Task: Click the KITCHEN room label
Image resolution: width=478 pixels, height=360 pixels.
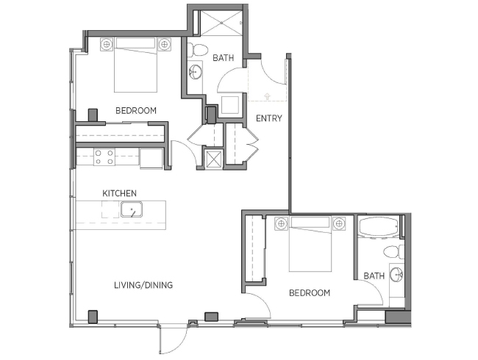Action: click(x=119, y=193)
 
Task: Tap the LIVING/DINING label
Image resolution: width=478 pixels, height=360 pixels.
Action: click(x=143, y=285)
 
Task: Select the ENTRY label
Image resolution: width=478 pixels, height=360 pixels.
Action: click(x=269, y=118)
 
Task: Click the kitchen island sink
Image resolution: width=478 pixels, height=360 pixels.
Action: click(x=132, y=209)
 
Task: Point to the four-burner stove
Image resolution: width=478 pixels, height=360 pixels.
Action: click(x=104, y=156)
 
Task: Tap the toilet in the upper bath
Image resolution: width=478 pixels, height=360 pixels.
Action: click(x=197, y=50)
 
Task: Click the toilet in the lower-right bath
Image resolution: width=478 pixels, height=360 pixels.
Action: click(x=394, y=252)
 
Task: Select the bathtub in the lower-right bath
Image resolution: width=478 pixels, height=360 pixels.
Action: click(x=379, y=227)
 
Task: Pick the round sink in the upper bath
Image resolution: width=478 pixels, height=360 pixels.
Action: click(x=195, y=72)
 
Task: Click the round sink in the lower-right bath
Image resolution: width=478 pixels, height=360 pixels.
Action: click(x=396, y=275)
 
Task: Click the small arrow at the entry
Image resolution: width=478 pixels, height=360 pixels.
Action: click(x=267, y=96)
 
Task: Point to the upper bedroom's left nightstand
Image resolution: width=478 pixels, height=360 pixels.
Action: click(x=107, y=44)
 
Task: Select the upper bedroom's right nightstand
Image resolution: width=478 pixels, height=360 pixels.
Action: click(x=164, y=44)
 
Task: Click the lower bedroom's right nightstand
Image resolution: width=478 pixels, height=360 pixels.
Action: click(x=339, y=224)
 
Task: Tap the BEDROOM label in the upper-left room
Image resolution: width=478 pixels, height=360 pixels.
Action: click(x=136, y=110)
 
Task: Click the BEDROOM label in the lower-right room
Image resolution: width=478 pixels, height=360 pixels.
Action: click(x=310, y=292)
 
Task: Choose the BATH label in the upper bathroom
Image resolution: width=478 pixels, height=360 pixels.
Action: click(x=224, y=57)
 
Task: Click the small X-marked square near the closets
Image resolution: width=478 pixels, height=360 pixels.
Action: click(x=213, y=158)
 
